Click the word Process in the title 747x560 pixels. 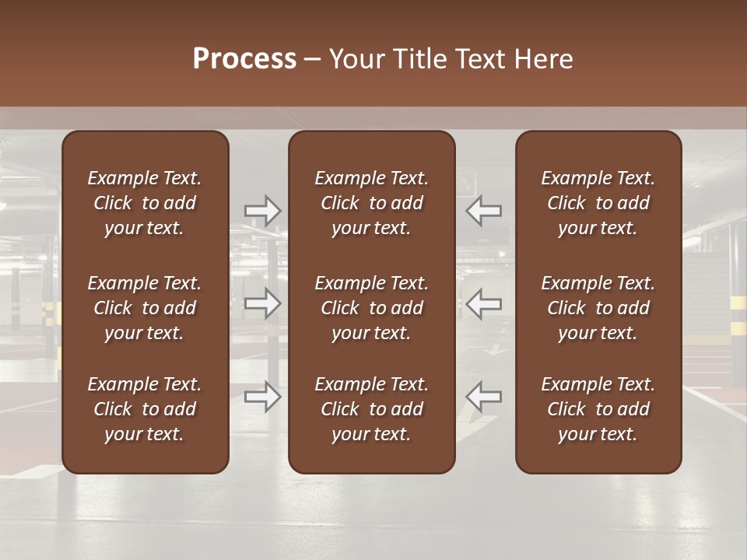click(244, 59)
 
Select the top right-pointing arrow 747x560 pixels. click(262, 210)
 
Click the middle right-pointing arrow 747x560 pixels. click(262, 303)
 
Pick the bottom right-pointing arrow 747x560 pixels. click(262, 397)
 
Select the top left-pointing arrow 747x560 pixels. click(484, 210)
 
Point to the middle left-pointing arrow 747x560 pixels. click(484, 303)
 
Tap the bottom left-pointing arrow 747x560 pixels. click(484, 397)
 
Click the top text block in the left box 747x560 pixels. click(145, 203)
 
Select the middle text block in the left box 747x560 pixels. click(145, 308)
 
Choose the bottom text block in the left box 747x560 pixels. click(145, 409)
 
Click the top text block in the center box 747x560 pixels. click(371, 203)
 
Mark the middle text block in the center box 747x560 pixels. click(371, 308)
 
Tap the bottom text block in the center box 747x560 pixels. click(371, 409)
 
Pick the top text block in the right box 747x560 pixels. click(598, 203)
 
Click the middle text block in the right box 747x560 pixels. click(598, 308)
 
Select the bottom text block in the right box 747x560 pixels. click(598, 409)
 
